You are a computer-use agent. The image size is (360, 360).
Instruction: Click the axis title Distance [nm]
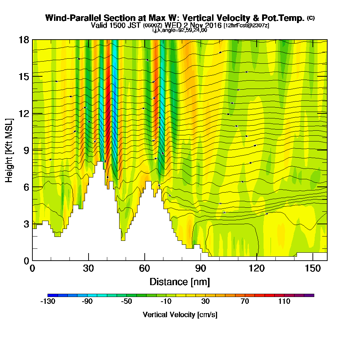click(x=180, y=282)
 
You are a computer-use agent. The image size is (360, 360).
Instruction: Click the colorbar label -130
click(x=48, y=302)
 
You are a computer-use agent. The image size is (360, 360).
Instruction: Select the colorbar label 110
click(x=284, y=302)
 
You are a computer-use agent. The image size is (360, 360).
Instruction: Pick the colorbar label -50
click(x=126, y=302)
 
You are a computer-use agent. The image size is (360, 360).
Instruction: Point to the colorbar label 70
click(x=245, y=302)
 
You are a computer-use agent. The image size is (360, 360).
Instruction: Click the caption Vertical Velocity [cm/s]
click(x=180, y=315)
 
